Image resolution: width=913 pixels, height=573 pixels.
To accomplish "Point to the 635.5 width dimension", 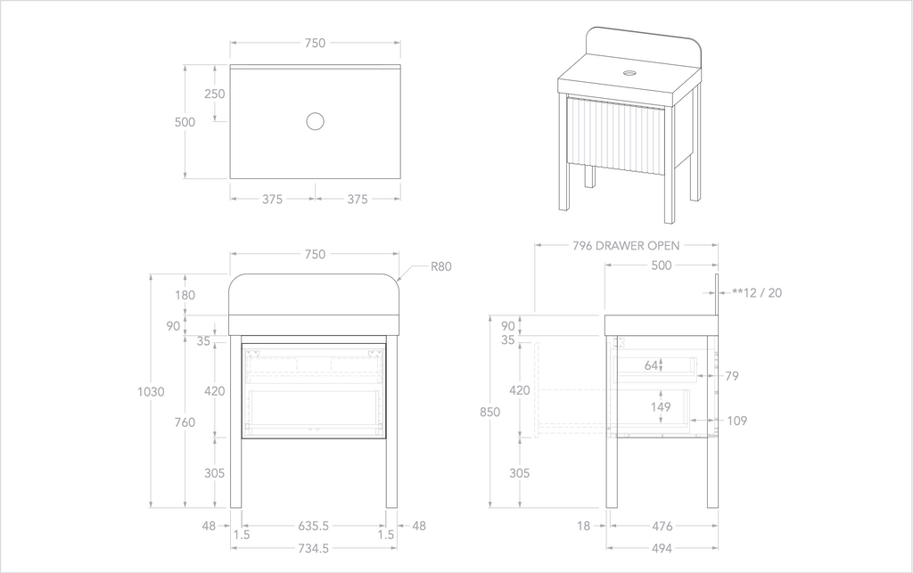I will (314, 526).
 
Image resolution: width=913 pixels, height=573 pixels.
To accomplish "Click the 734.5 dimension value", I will (314, 549).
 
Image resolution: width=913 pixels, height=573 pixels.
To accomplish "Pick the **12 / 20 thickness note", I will (757, 292).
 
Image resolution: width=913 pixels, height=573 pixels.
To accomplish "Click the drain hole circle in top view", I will (314, 121).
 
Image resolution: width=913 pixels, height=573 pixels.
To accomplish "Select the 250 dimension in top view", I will (214, 94).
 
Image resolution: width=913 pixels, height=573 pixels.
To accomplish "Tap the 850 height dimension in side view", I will (489, 412).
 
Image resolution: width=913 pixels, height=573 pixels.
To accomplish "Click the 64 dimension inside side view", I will (652, 365).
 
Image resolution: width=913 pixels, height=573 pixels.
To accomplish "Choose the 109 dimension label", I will (736, 421).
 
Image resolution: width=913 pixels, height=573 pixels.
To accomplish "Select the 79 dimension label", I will (732, 376).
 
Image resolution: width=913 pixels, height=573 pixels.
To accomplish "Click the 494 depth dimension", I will (661, 549).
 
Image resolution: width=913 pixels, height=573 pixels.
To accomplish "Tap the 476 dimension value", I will (662, 526).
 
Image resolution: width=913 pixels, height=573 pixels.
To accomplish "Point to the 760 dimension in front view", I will (185, 422).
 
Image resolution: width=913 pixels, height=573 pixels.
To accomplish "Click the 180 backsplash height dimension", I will (185, 295).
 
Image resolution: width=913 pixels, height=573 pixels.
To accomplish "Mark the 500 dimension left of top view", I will (185, 122).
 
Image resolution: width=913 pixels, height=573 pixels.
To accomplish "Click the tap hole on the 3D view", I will (631, 71).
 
